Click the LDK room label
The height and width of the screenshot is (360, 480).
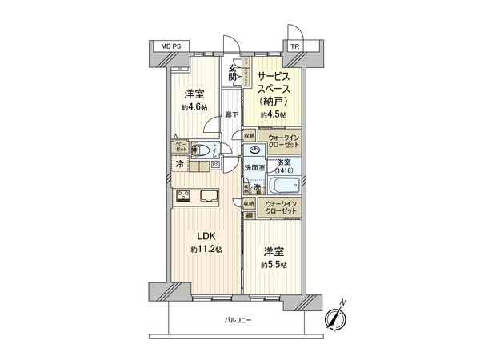[x=206, y=237]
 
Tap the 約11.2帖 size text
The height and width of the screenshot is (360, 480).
[x=206, y=250]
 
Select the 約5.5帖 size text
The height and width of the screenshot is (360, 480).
[x=273, y=265]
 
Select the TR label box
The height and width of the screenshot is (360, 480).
[x=295, y=47]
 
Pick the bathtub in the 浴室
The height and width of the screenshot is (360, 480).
[x=283, y=188]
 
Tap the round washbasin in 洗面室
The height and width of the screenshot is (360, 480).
[x=254, y=151]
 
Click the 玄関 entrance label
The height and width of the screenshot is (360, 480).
[x=233, y=72]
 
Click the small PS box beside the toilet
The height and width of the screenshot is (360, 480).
[x=215, y=165]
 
